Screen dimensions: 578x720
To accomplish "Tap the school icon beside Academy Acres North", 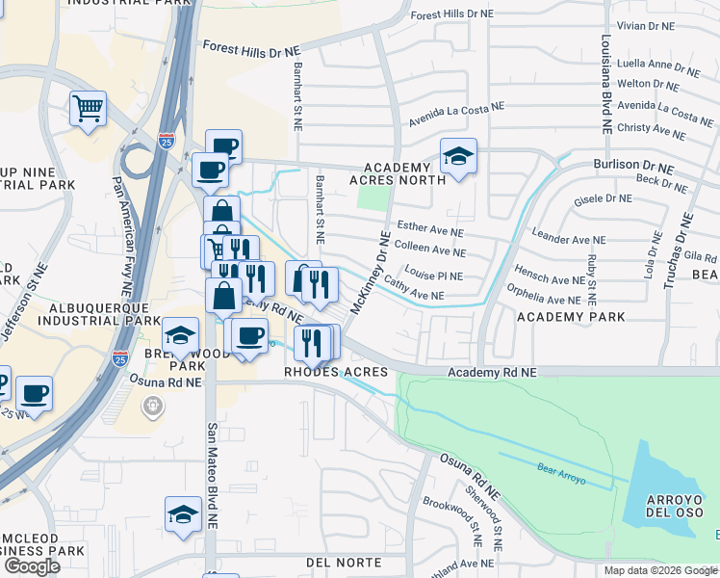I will tap(459, 156).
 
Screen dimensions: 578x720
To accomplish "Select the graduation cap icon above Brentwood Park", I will tap(180, 335).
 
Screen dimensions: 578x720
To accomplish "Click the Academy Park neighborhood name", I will tap(571, 316).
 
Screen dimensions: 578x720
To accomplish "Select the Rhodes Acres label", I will tap(335, 372).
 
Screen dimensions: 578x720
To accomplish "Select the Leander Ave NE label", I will tap(569, 239).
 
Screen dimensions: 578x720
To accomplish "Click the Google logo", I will tap(32, 565).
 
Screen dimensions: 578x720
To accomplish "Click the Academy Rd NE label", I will tap(492, 372).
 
